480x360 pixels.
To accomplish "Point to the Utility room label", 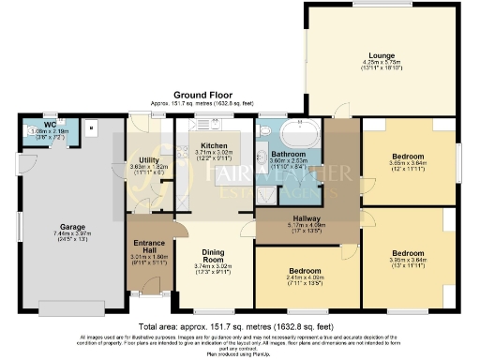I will point(147,160).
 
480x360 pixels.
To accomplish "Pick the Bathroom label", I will point(288,154).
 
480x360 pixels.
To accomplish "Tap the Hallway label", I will point(295,219).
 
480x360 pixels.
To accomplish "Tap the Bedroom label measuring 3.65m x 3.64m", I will point(408,156).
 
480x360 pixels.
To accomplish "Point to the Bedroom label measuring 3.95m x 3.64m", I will point(408,253).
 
